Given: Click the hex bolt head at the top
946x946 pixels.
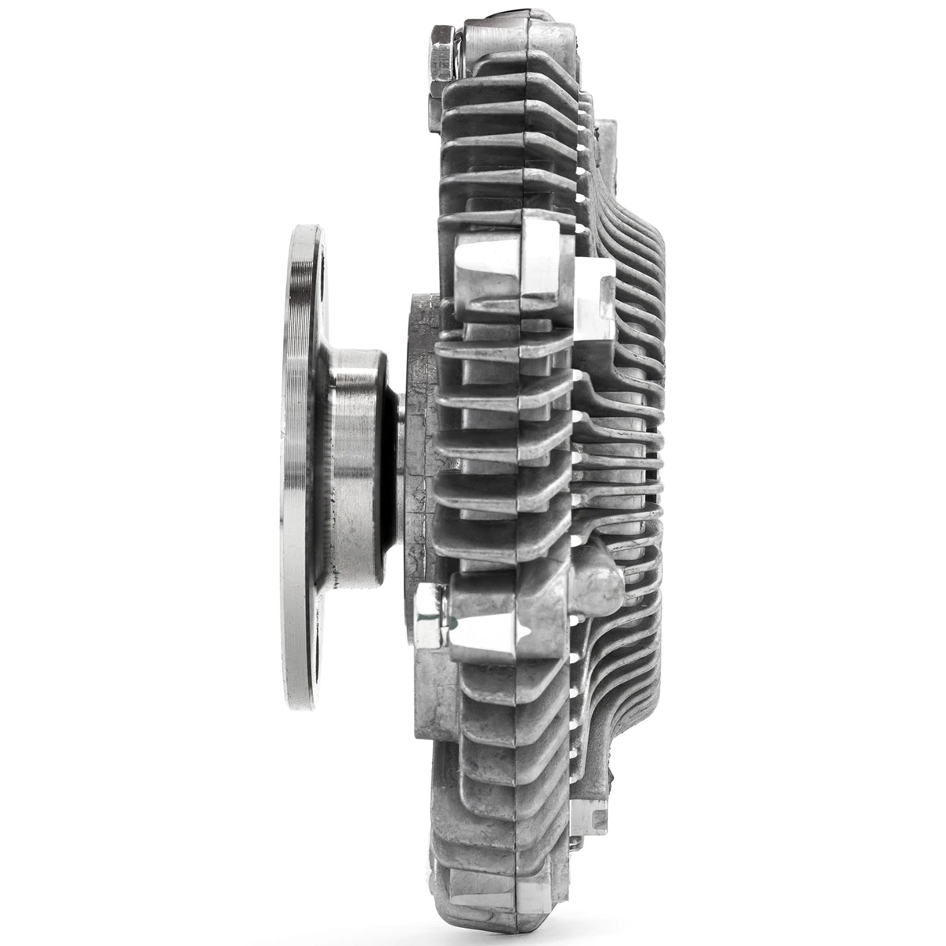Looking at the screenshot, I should click(442, 56).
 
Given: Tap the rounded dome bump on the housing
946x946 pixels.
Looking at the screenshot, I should click(599, 579).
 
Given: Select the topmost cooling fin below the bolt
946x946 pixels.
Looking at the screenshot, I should click(505, 91).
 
